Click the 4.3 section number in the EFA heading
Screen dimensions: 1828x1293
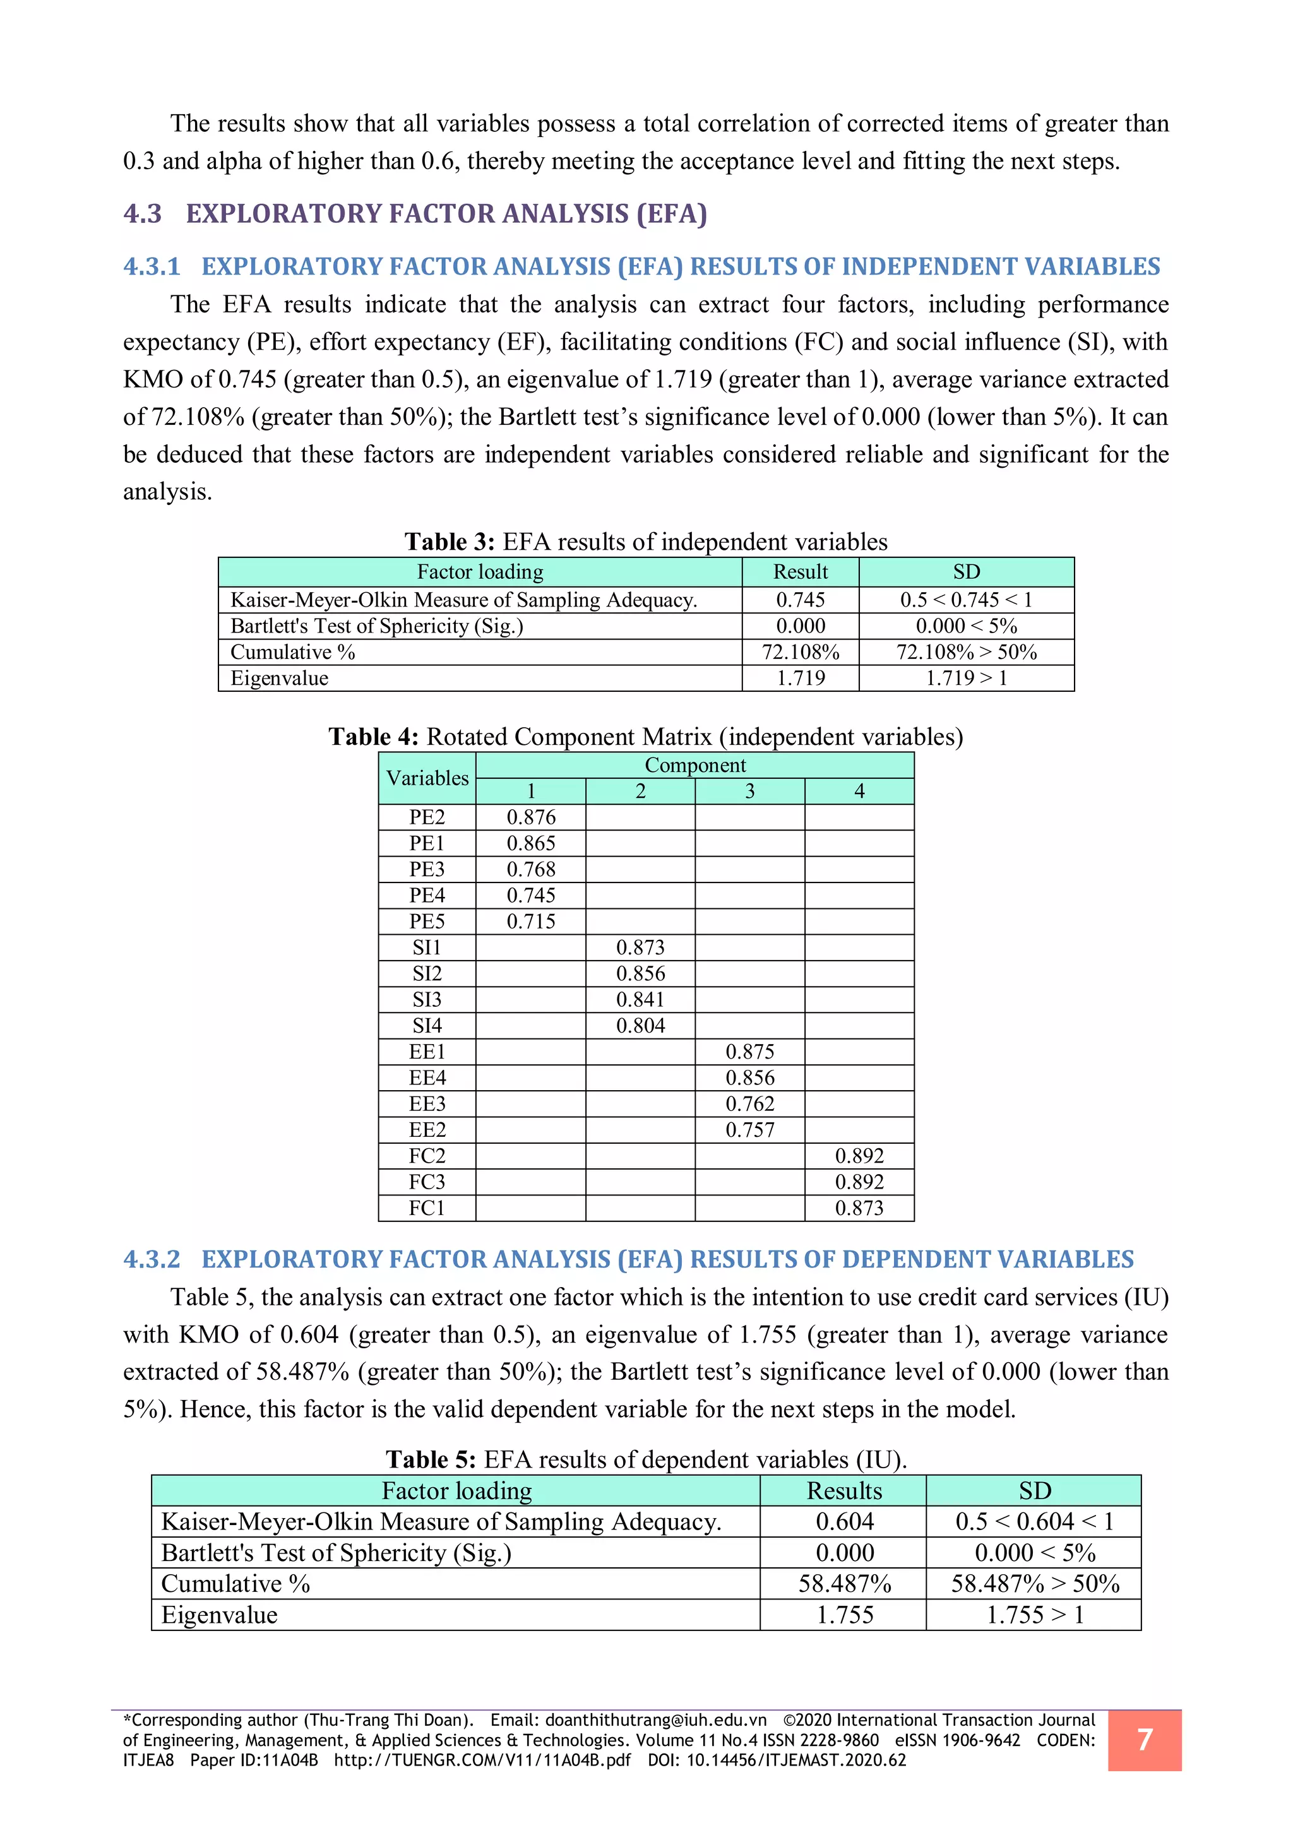pos(143,213)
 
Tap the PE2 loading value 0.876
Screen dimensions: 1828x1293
pos(530,817)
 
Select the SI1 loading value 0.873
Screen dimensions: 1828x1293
pos(640,947)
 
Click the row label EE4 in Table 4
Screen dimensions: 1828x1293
pos(427,1077)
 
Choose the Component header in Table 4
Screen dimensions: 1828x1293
pos(694,765)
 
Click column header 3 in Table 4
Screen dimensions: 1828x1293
pos(749,792)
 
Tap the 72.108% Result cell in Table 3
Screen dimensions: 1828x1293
pos(800,652)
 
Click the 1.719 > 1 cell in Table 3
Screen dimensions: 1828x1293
pos(966,679)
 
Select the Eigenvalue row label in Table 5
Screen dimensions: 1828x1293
pos(219,1615)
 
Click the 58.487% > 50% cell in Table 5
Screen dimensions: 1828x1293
pos(1034,1584)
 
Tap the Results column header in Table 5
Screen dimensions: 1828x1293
pos(844,1490)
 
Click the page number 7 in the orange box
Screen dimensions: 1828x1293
pos(1144,1740)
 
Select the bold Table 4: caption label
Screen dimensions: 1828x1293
pos(373,737)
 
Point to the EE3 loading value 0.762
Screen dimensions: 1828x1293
pos(749,1103)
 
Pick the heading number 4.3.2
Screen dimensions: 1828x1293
pos(152,1259)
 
